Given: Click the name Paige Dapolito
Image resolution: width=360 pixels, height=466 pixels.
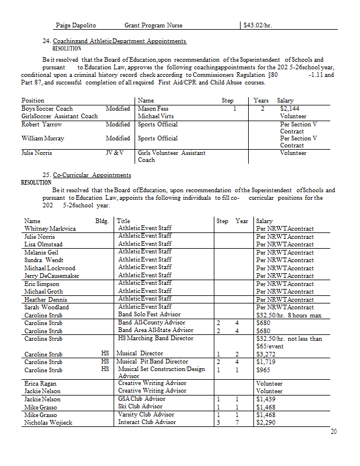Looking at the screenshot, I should tap(76, 26).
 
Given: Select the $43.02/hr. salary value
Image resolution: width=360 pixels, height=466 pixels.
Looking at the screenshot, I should tap(258, 26).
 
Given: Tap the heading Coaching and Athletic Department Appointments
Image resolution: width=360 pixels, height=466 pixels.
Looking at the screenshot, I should tap(119, 41).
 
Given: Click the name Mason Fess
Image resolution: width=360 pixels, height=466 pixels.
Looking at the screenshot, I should tap(153, 108).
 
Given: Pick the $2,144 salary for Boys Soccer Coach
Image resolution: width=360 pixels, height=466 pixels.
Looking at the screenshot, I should tap(290, 108).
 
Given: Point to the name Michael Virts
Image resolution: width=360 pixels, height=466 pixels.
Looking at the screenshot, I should tap(156, 116).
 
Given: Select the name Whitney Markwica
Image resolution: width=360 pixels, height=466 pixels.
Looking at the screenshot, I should tap(50, 229).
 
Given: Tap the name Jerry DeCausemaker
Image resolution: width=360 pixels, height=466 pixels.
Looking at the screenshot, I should tap(52, 276).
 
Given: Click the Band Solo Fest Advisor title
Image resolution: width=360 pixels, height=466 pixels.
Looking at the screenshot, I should tap(149, 315).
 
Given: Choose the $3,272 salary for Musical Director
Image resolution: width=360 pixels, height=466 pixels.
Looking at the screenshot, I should tap(266, 354).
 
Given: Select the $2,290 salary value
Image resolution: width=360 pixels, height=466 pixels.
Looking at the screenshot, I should tap(266, 422).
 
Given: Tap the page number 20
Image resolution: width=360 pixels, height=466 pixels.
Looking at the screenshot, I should tap(333, 432).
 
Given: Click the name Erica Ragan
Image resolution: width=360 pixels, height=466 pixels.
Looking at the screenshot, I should tap(41, 383).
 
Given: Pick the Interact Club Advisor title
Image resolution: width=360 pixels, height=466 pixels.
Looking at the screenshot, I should tap(147, 422).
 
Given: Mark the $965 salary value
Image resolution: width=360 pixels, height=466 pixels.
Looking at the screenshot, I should tap(263, 369).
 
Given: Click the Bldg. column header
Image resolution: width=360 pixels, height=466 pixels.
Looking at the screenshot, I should tap(102, 221).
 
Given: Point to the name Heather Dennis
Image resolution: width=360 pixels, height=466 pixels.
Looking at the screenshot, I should tap(45, 299).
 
